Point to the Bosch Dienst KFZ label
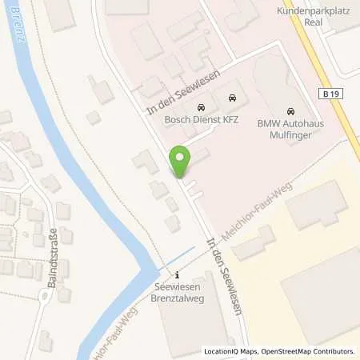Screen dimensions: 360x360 pyautogui.click(x=202, y=118)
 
